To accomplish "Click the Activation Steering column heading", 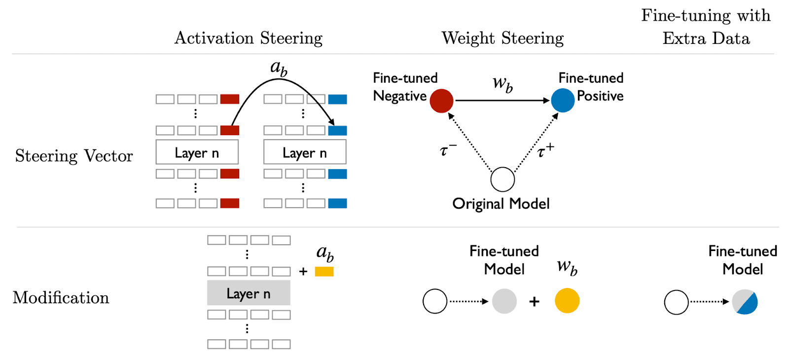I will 249,38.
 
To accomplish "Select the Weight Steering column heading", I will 502,38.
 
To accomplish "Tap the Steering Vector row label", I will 74,156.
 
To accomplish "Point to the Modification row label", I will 61,297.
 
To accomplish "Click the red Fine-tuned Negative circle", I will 441,101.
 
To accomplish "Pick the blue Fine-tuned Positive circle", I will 563,101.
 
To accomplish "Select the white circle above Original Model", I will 502,179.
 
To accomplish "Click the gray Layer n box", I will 249,293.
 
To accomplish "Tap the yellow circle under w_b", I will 567,301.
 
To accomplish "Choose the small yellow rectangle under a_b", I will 324,271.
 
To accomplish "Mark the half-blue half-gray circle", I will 745,302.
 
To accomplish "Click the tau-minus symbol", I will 448,149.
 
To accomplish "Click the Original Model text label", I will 501,204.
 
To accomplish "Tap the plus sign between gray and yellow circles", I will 534,301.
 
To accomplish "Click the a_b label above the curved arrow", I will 279,68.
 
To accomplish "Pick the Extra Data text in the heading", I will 706,38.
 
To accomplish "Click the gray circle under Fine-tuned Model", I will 504,301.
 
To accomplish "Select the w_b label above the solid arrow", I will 502,84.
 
